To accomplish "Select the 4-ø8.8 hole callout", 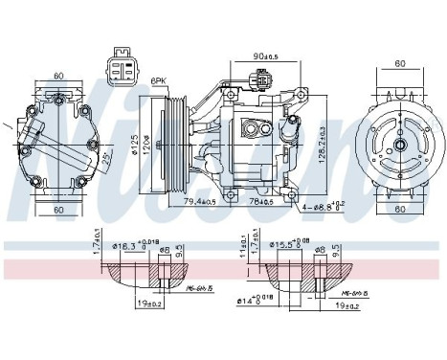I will pyautogui.click(x=317, y=205).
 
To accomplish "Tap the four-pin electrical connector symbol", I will pyautogui.click(x=123, y=68).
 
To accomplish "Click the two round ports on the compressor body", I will pyautogui.click(x=257, y=129).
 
